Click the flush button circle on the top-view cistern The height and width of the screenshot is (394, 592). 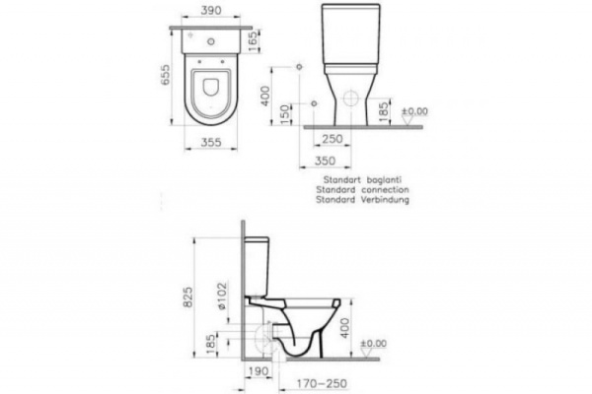pos(212,42)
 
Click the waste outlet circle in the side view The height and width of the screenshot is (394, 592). pos(262,340)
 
